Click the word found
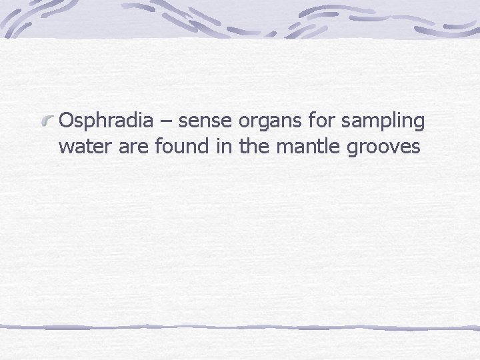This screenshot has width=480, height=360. (x=181, y=146)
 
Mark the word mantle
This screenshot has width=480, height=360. (x=307, y=146)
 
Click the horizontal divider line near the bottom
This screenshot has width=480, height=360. (x=240, y=327)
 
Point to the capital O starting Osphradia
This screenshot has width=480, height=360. (x=67, y=121)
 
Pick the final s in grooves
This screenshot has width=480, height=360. (x=416, y=148)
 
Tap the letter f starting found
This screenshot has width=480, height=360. (x=157, y=146)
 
